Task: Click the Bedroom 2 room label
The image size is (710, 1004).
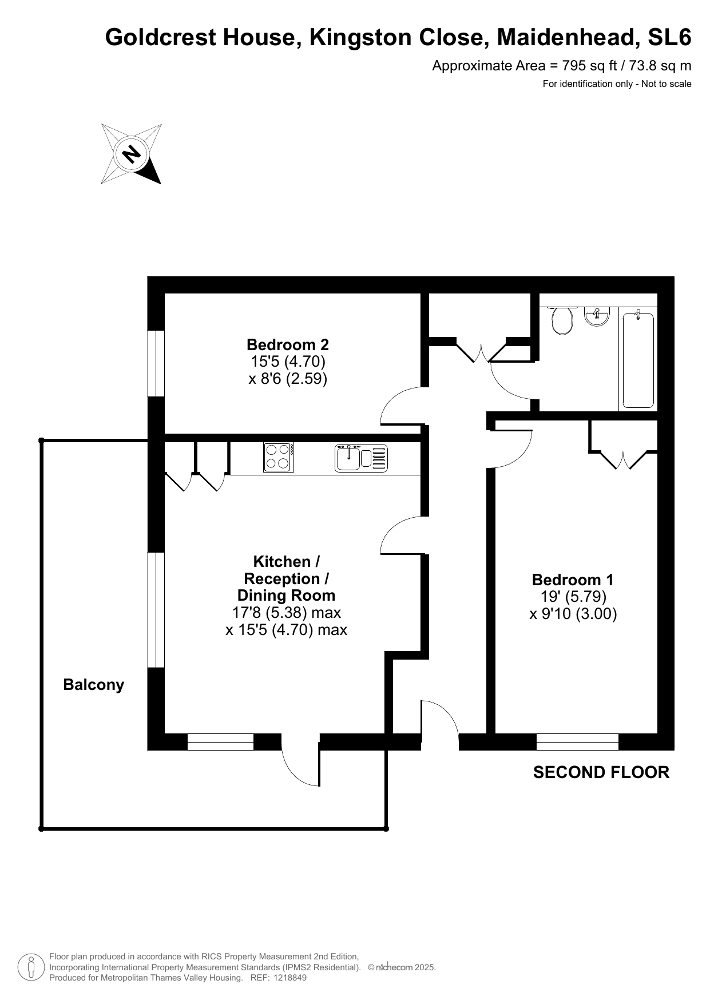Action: coord(288,345)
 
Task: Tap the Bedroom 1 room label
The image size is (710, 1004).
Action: coord(573,580)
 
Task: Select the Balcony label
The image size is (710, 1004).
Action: coord(94,685)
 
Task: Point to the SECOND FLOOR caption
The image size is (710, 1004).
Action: coord(601,772)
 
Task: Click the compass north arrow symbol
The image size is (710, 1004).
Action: coord(132,154)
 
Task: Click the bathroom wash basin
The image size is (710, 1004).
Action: coord(597,315)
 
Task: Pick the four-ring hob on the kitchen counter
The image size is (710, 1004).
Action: coord(279,458)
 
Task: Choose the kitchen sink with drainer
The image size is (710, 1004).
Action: coord(361,458)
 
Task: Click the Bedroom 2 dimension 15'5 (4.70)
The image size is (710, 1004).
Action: coord(288,362)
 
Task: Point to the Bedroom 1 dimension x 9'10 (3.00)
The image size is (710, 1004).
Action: coord(573,614)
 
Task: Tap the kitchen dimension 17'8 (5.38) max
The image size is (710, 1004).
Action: coord(286,613)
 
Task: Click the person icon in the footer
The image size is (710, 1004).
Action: coord(31,967)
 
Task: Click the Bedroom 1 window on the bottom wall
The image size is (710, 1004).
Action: coord(578,742)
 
